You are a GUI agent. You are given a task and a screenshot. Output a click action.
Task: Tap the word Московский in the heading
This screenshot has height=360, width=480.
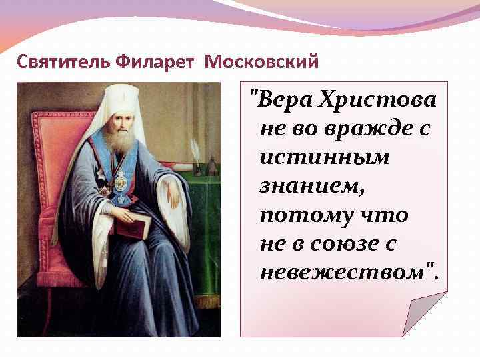[262, 63]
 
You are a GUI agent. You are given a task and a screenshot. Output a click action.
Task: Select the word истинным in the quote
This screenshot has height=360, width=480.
[306, 158]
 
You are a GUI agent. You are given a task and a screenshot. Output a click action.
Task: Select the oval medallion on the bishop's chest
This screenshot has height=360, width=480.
[121, 181]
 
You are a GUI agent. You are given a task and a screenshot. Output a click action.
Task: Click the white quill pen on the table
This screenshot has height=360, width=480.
[196, 149]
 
